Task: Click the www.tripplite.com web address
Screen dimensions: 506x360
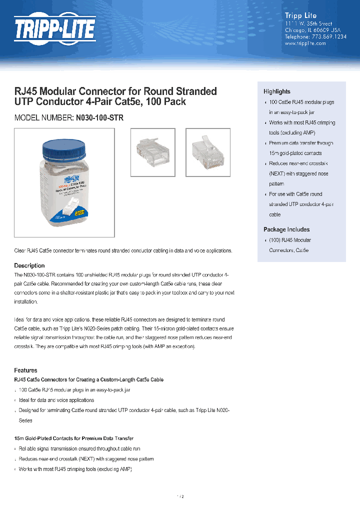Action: click(x=305, y=43)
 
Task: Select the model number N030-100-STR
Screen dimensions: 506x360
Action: click(x=99, y=118)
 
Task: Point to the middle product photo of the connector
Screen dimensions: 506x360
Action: click(x=152, y=152)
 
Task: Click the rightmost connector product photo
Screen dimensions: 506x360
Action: click(x=207, y=152)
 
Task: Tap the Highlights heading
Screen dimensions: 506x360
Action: click(x=277, y=91)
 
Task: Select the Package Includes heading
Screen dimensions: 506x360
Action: click(x=286, y=229)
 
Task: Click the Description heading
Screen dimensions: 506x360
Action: click(x=29, y=265)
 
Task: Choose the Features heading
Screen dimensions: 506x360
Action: click(x=25, y=370)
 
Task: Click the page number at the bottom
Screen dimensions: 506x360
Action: click(x=180, y=496)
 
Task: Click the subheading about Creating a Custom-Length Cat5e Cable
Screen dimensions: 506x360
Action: click(x=88, y=380)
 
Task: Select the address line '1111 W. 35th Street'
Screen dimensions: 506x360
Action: click(x=308, y=23)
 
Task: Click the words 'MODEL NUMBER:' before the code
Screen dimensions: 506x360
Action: click(x=43, y=118)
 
